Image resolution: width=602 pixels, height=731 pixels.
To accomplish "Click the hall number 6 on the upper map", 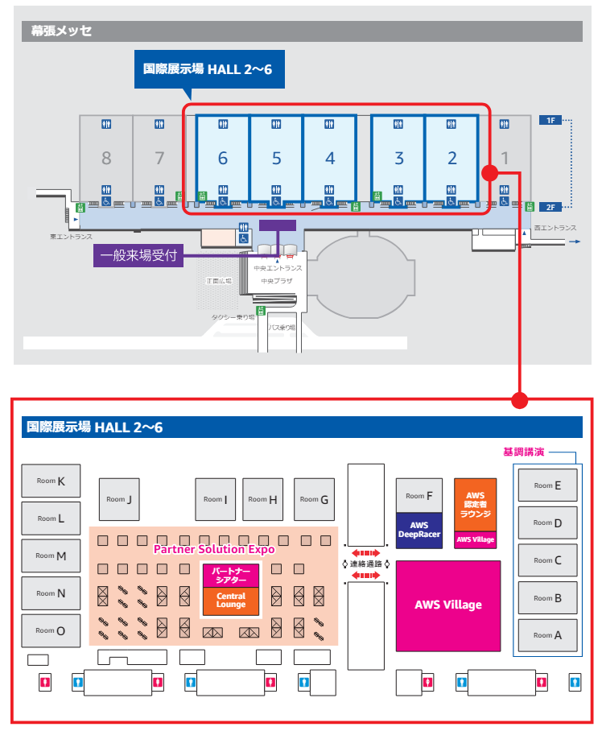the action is click(223, 158).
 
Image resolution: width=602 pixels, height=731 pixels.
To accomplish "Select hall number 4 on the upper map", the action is click(330, 158).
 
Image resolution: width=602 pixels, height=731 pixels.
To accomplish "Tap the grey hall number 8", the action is click(106, 158).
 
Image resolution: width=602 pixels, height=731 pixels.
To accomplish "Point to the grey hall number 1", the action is click(505, 158).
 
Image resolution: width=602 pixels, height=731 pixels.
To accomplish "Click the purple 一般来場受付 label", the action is click(138, 257).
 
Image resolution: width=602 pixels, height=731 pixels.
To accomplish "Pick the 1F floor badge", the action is click(550, 120).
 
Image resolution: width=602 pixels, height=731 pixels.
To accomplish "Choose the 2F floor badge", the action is click(550, 207).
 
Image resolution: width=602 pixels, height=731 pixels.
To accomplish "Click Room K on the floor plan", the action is click(50, 481).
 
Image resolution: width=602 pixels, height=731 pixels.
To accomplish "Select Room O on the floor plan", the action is click(50, 631).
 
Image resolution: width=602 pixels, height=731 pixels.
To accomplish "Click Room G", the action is click(314, 499).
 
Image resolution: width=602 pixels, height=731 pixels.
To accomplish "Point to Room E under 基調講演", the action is click(547, 485).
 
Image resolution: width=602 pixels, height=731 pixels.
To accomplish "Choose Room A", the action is click(547, 635).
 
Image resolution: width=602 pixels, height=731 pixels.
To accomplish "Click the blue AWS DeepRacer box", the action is click(419, 530).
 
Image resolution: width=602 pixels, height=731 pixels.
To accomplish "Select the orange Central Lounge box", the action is click(230, 601).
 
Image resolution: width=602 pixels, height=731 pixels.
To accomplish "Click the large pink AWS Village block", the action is click(448, 605).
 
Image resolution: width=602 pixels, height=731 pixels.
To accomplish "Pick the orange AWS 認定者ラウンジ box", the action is click(475, 504).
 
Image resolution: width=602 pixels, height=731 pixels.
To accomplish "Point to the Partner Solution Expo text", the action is click(214, 549).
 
